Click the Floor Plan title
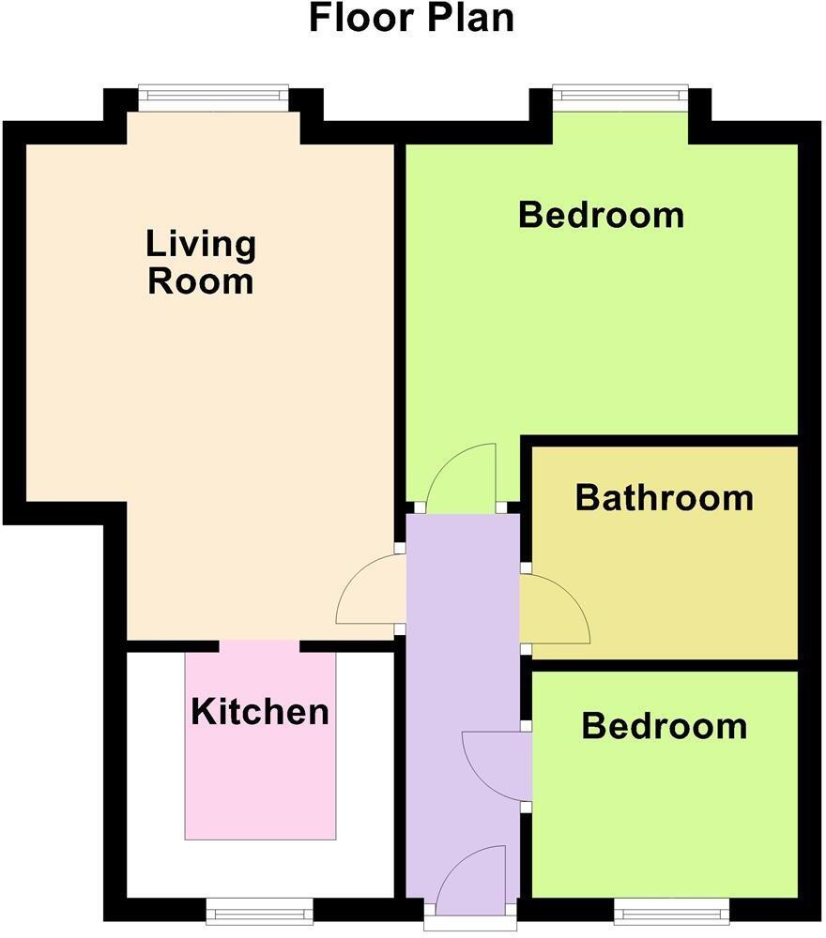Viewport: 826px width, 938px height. [x=412, y=19]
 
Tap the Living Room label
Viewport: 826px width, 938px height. [x=201, y=263]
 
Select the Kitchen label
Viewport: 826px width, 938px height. [x=260, y=712]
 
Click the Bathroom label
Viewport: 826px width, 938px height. [x=664, y=497]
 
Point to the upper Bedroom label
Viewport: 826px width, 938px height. [x=601, y=215]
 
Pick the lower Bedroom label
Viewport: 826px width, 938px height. [x=664, y=726]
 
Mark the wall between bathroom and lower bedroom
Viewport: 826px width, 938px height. [x=665, y=664]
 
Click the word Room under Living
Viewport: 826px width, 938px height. [x=201, y=281]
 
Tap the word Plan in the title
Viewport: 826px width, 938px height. [x=468, y=19]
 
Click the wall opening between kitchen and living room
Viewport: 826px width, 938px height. [x=260, y=646]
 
